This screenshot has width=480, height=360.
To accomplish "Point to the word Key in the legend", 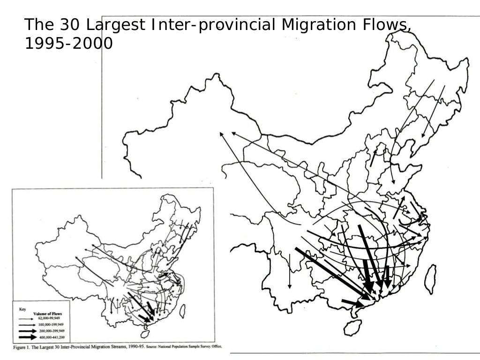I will pos(22,309).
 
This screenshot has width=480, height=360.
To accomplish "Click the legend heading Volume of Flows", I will pos(48,314).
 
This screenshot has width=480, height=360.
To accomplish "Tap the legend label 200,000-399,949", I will pos(53,331).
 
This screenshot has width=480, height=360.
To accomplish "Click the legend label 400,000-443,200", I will pos(53,337).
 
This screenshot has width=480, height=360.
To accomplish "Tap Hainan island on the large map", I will pos(352,327).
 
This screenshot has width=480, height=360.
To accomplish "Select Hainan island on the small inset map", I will pos(145,334).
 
